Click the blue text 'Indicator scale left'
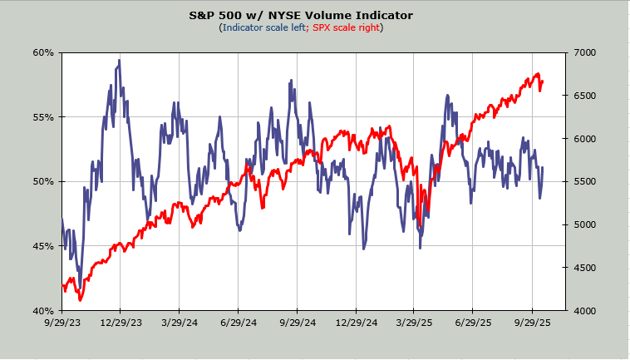click(263, 27)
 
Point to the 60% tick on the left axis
click(43, 52)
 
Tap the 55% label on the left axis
click(43, 117)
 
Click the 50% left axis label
click(43, 181)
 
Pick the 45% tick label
click(43, 246)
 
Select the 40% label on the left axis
click(43, 310)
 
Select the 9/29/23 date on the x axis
click(62, 322)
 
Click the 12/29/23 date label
click(121, 322)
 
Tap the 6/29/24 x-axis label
click(239, 322)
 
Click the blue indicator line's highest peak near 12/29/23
click(120, 60)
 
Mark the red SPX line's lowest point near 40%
click(80, 300)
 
